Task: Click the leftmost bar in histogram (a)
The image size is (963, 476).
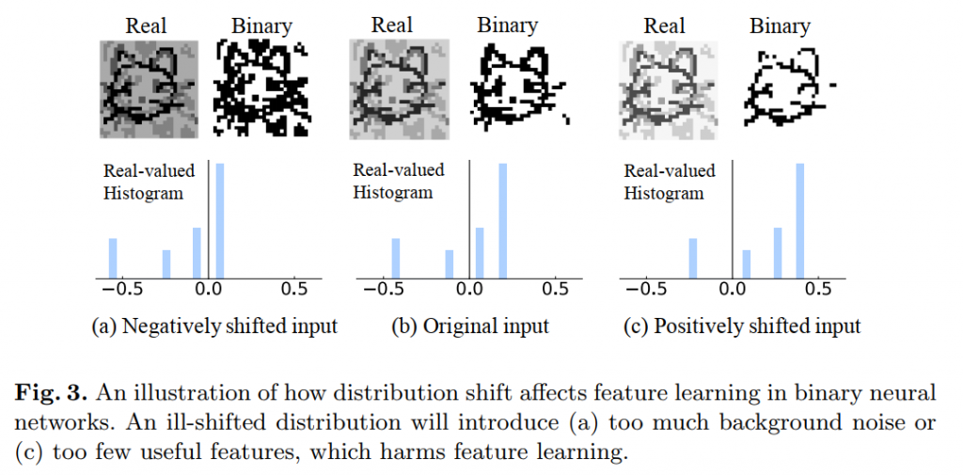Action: click(113, 258)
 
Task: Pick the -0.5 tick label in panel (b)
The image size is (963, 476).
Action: click(384, 289)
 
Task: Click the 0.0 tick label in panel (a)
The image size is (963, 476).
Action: click(207, 289)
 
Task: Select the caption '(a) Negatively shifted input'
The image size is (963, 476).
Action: click(213, 327)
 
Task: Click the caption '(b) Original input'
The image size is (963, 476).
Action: click(470, 327)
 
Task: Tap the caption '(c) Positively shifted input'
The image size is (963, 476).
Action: click(742, 327)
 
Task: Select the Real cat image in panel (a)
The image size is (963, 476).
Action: click(146, 89)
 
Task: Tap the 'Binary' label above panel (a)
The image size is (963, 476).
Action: click(261, 25)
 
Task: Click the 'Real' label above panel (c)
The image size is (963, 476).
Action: click(664, 25)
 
